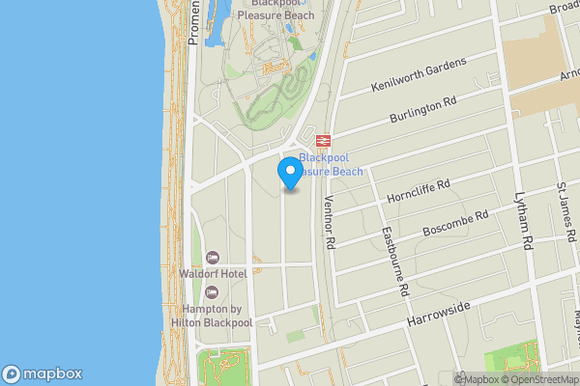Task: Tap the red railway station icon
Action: coord(323,140)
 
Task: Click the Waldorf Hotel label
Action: coord(213,274)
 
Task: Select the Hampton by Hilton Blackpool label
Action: coord(213,315)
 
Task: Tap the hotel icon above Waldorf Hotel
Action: coord(213,258)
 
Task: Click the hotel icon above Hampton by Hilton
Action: coord(213,291)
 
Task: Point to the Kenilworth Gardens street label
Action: coord(419,75)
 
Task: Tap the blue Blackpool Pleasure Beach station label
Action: coord(331,164)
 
